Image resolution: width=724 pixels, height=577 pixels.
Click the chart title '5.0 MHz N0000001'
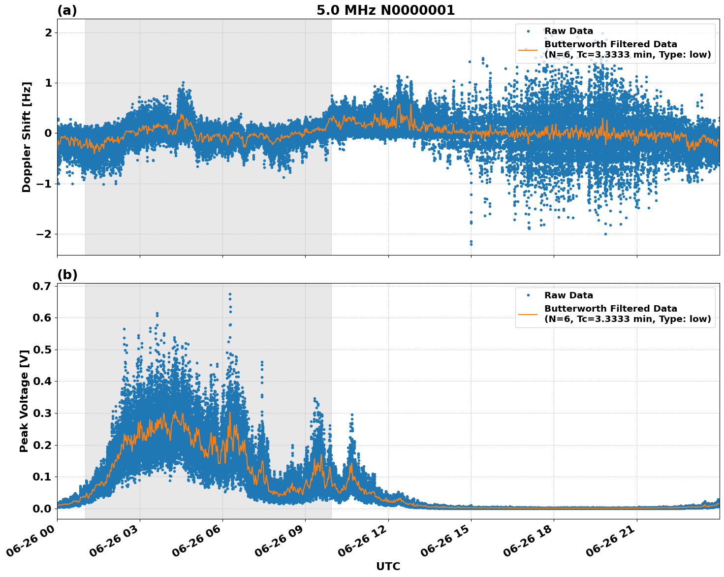[x=385, y=10]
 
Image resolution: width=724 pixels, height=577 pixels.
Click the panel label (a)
[x=67, y=10]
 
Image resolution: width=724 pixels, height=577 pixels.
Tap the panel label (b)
[x=67, y=275]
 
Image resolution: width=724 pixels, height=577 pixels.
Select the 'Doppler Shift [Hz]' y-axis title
[x=27, y=137]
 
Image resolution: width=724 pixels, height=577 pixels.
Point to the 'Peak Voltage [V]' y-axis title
[x=24, y=401]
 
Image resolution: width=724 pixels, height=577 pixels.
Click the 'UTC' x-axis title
[x=388, y=566]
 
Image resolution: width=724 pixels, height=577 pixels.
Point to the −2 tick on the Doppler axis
[x=44, y=234]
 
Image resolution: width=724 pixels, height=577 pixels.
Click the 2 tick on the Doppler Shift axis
[x=48, y=32]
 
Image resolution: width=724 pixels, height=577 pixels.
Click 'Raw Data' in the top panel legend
[x=568, y=31]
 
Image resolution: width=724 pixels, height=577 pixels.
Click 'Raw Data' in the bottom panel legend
[x=568, y=295]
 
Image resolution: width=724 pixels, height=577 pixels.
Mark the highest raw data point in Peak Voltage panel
[x=230, y=294]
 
